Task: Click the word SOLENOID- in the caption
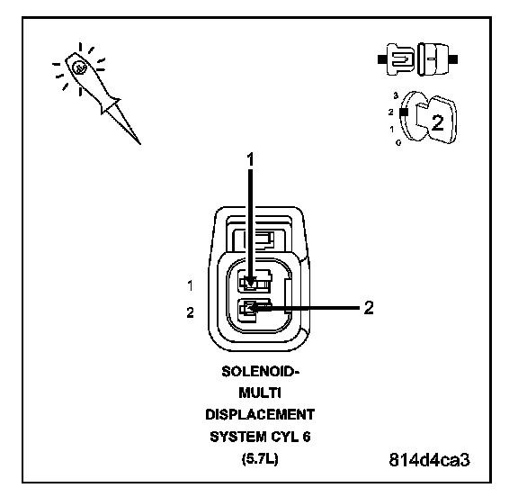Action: coord(260,372)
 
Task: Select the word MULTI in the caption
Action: coord(260,393)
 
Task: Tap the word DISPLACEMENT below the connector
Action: coord(260,415)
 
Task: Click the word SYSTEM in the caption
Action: coord(233,437)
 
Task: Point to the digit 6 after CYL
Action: coord(307,437)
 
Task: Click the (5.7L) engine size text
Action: coord(260,458)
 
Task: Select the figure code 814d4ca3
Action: coord(429,459)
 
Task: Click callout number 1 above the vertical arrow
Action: coord(250,159)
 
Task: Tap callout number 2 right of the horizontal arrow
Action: coord(369,308)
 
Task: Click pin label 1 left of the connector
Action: coord(190,285)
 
